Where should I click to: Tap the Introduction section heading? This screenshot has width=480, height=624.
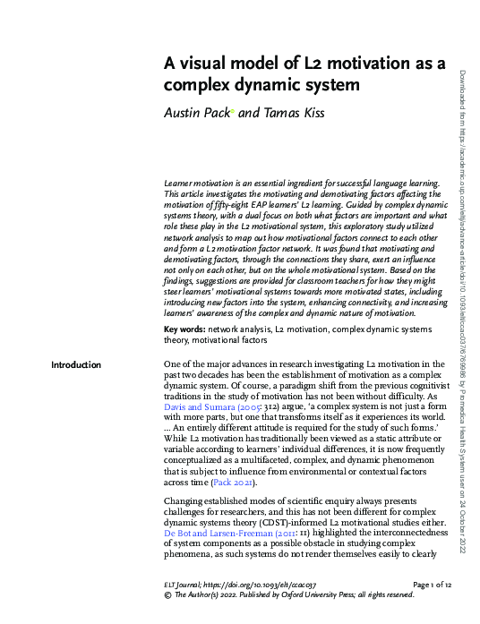[76, 364]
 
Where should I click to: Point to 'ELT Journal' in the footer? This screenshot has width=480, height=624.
[185, 585]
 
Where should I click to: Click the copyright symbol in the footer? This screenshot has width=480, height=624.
[167, 594]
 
